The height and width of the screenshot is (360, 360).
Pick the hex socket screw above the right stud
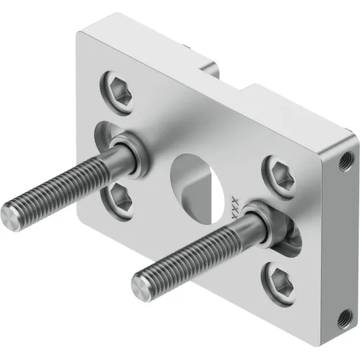[280, 170]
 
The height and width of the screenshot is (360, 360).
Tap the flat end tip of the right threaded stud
[142, 281]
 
